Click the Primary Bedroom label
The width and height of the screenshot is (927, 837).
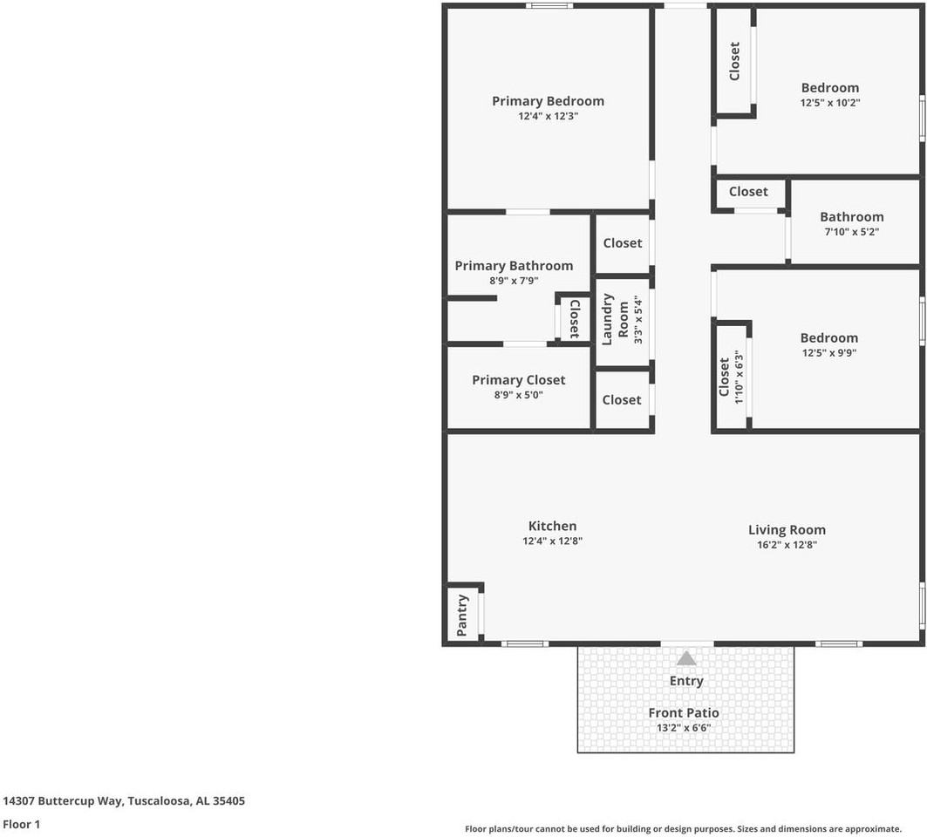click(548, 101)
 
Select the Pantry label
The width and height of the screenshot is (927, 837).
click(462, 615)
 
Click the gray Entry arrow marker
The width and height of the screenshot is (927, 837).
click(686, 658)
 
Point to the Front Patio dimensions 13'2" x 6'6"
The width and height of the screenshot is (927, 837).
click(684, 727)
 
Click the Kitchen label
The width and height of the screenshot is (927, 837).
click(552, 526)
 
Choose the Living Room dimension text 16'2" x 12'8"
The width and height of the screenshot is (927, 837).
click(787, 544)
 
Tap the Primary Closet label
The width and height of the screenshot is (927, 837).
click(518, 380)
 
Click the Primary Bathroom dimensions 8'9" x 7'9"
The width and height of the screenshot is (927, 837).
click(514, 281)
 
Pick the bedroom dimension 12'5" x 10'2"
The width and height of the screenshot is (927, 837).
click(829, 102)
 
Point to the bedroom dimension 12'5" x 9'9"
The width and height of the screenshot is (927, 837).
click(828, 352)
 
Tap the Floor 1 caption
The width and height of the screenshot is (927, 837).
click(21, 824)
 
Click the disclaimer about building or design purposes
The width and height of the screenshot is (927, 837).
click(683, 829)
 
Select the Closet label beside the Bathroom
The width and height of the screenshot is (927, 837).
click(748, 192)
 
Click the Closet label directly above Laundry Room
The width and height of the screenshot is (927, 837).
click(622, 243)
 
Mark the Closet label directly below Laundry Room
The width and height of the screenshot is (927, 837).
click(622, 399)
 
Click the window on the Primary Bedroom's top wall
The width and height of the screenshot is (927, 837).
click(549, 6)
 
